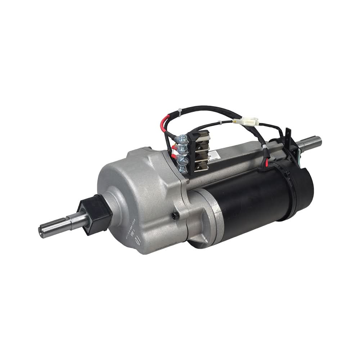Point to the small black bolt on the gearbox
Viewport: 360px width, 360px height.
coord(174,215)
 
